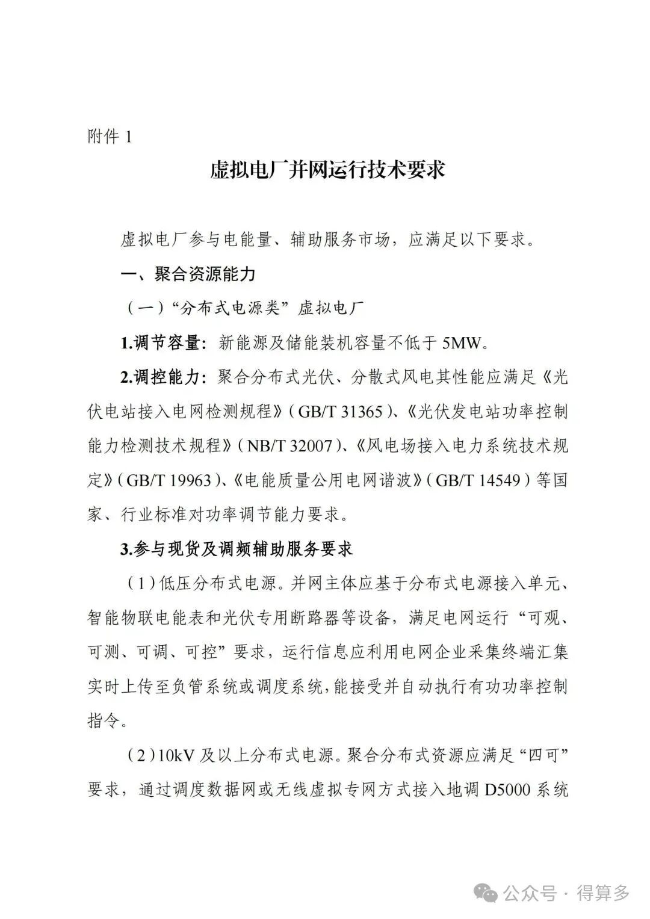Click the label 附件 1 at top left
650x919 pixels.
pyautogui.click(x=110, y=137)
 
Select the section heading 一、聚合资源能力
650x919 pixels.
pyautogui.click(x=188, y=275)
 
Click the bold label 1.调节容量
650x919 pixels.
pyautogui.click(x=159, y=344)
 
